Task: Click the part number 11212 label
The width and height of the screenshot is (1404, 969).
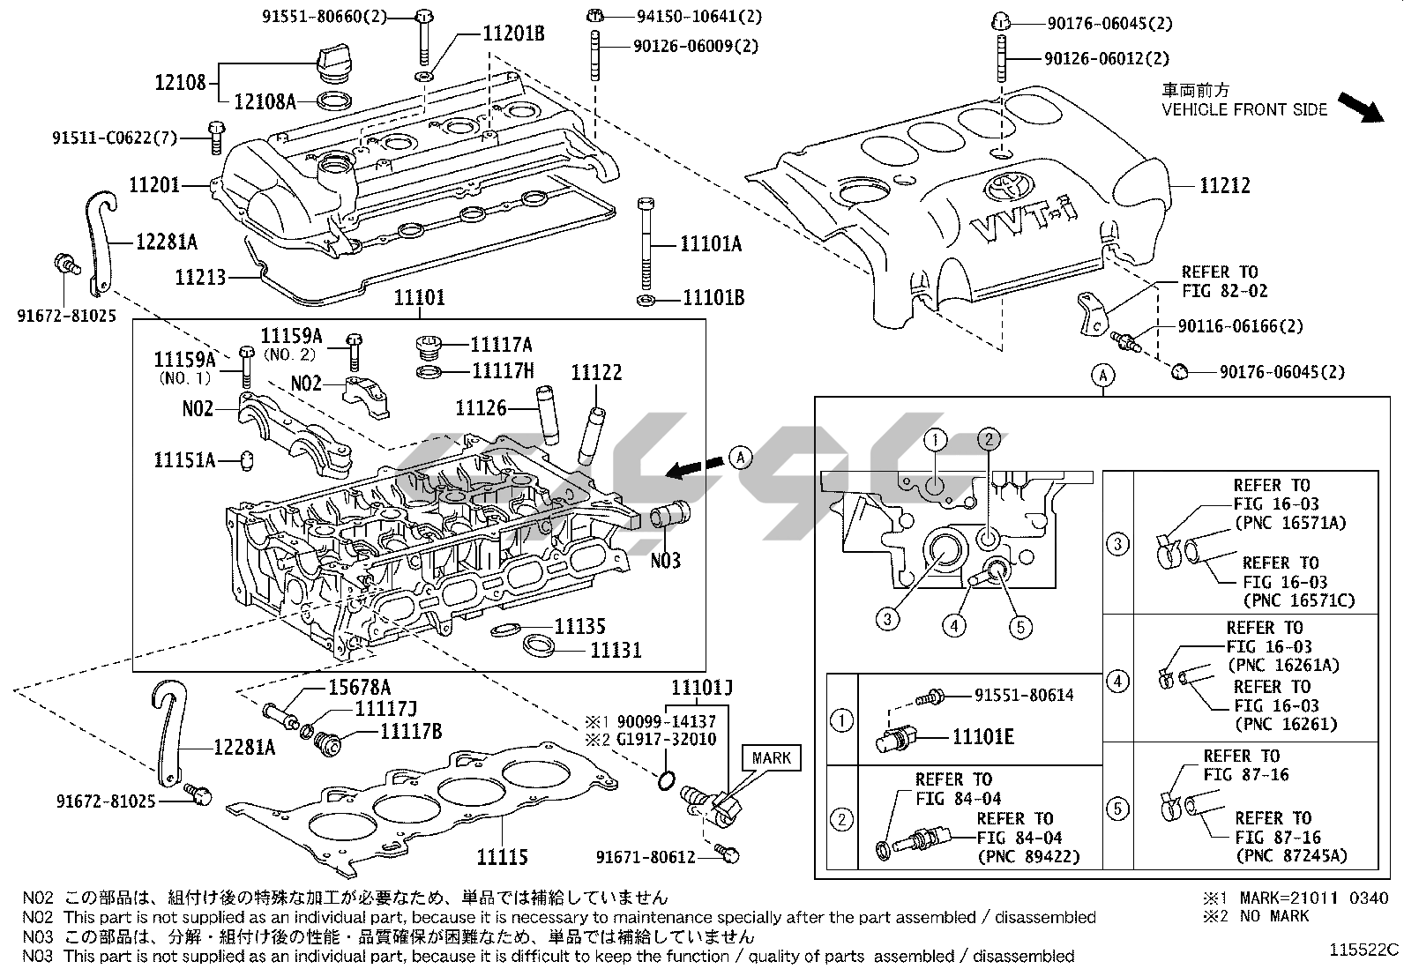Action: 1224,185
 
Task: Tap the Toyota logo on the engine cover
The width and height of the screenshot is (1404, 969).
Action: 1004,186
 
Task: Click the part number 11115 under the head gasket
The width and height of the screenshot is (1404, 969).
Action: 502,856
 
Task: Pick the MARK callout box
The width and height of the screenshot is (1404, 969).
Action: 772,757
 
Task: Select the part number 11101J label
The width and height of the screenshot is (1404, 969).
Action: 702,686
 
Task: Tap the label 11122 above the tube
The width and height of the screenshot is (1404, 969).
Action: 596,372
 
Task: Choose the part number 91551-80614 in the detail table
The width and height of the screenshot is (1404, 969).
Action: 1024,695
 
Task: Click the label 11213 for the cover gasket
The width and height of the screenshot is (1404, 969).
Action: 200,278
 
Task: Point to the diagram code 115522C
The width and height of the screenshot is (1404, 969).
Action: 1365,950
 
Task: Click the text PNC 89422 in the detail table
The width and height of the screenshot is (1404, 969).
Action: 1028,856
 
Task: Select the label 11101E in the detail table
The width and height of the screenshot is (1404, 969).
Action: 983,736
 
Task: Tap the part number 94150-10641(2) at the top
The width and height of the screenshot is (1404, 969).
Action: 687,16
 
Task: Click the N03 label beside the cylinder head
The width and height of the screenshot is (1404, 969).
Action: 666,560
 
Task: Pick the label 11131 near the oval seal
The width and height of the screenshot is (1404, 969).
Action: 616,650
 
